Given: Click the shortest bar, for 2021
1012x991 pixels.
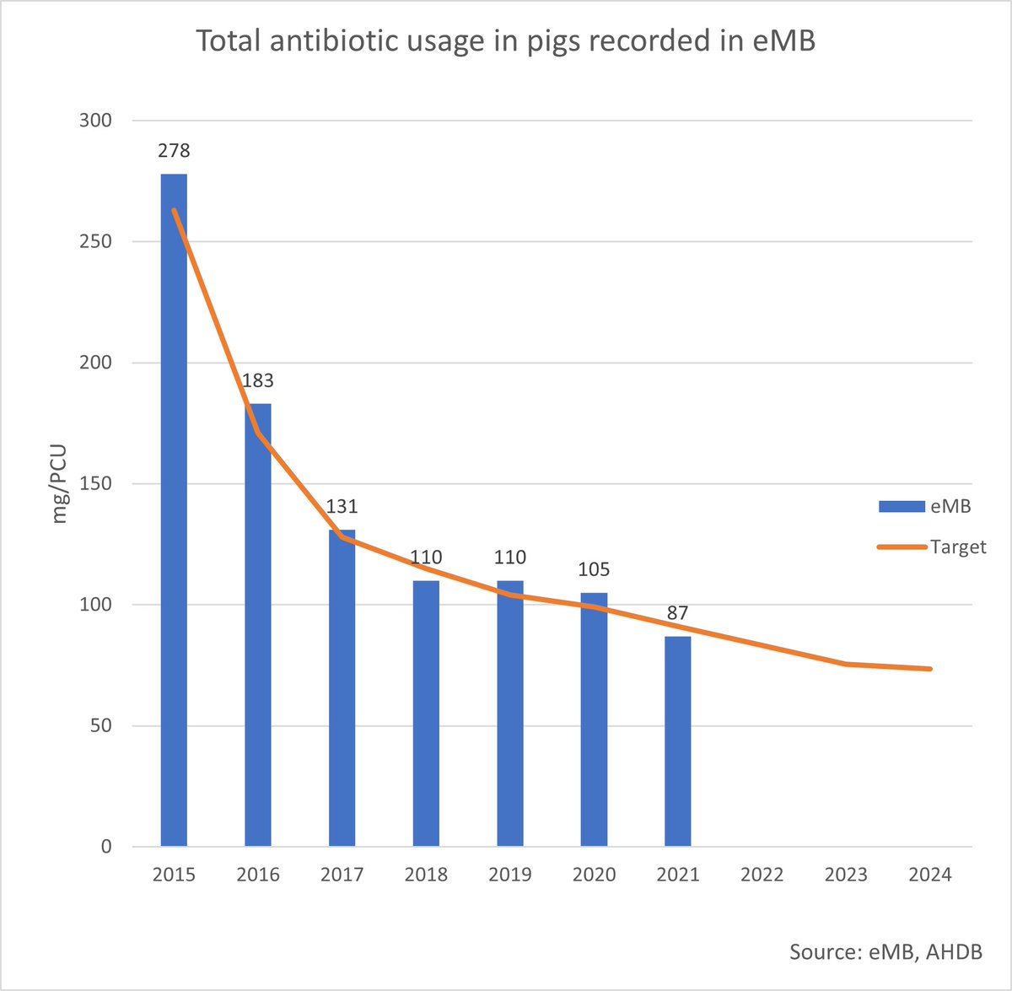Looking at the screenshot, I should [x=678, y=742].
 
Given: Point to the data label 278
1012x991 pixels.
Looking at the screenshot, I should [x=174, y=151].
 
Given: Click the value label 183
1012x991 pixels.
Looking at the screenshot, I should [x=258, y=380].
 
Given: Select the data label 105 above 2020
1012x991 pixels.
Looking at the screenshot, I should [x=594, y=569].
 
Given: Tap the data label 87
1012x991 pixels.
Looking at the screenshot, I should [x=678, y=613].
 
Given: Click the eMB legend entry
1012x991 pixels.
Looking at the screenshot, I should [x=924, y=506].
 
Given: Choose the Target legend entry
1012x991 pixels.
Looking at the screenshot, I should [x=931, y=547].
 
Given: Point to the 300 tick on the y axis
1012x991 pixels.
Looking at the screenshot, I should [x=96, y=121].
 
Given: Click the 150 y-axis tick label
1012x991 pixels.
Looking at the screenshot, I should [x=96, y=484].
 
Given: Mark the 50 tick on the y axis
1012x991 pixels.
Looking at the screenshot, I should [x=101, y=726].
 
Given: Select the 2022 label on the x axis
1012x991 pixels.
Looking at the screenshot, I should [x=762, y=875].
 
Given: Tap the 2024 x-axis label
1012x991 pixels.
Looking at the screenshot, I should [x=930, y=875].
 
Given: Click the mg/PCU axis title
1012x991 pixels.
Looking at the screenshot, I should [x=59, y=484].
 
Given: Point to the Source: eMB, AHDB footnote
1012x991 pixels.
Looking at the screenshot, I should [x=885, y=951].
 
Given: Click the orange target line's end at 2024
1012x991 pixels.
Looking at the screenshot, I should [x=929, y=669].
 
